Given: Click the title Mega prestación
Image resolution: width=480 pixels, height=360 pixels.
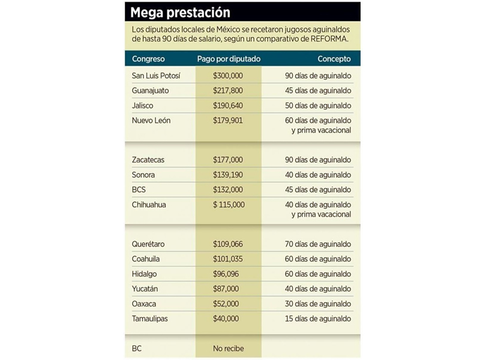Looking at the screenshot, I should (x=180, y=12).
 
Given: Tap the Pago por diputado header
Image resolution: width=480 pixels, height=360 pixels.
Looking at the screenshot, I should (x=229, y=59).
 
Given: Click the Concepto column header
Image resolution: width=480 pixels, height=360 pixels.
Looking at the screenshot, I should (x=334, y=59).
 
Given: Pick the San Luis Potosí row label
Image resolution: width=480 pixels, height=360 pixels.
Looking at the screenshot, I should (x=156, y=76).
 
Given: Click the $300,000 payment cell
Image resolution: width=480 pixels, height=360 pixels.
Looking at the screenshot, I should (x=228, y=76).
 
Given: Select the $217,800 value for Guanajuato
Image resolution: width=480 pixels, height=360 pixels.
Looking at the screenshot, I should (x=228, y=91).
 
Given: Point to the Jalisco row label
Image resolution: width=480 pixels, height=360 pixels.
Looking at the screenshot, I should (x=143, y=106).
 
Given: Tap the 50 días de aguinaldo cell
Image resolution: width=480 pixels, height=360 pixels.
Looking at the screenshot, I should (x=318, y=106).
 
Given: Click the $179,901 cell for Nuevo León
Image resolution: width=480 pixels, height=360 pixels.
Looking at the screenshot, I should (x=228, y=121).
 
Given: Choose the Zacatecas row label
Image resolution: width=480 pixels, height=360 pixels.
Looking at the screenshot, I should (x=148, y=160).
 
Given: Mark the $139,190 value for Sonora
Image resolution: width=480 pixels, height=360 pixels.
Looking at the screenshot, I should (x=228, y=175).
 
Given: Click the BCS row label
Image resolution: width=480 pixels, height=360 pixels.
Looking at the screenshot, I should (x=140, y=190).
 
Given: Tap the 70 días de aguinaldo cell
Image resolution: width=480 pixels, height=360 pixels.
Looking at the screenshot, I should (x=318, y=245).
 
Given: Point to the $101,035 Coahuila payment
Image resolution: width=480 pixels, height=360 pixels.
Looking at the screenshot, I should (x=228, y=260).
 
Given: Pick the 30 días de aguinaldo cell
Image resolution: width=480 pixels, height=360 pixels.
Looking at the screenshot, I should (x=318, y=304).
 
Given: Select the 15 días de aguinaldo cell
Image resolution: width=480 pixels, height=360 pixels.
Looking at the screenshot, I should (x=318, y=319).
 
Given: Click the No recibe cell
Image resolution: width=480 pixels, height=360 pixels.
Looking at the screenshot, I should (x=229, y=349).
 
